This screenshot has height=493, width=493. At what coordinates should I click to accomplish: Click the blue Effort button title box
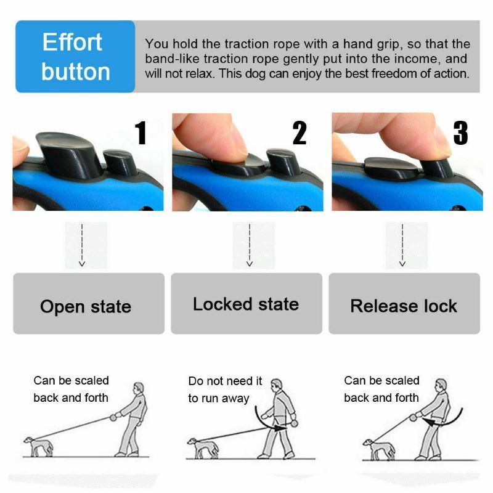(75, 57)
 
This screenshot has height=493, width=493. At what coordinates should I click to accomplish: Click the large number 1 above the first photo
(141, 133)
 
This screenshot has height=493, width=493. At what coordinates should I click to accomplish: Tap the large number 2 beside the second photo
(299, 133)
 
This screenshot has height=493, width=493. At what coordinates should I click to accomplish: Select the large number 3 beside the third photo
(460, 133)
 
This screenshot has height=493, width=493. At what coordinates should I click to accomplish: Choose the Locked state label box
(246, 304)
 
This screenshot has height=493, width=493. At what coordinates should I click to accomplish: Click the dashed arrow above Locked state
(249, 245)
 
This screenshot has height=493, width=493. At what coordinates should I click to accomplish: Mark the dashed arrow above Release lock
(402, 245)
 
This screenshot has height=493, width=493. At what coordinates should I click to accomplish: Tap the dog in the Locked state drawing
(203, 447)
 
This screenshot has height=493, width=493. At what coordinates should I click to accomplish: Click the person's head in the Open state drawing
(139, 388)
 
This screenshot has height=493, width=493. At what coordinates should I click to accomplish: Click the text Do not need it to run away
(225, 389)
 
